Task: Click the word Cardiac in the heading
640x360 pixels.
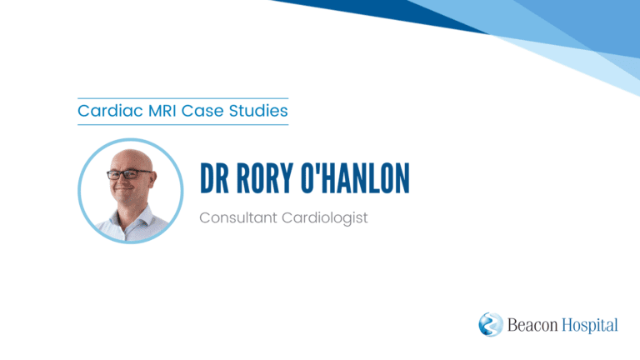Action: point(110,111)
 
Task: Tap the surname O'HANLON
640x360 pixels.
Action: point(355,178)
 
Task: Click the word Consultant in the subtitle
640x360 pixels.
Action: point(238,217)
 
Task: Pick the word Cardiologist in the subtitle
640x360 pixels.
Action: point(325,218)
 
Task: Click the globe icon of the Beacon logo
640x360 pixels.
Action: point(491,324)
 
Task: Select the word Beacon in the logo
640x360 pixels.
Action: point(532,325)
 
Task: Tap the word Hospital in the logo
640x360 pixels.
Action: point(590,326)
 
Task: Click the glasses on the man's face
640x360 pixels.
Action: point(128,174)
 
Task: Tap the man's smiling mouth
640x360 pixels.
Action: point(123,190)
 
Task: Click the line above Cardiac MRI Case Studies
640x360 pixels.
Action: point(182,98)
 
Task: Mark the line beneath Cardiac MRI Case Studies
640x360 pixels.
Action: point(182,124)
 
